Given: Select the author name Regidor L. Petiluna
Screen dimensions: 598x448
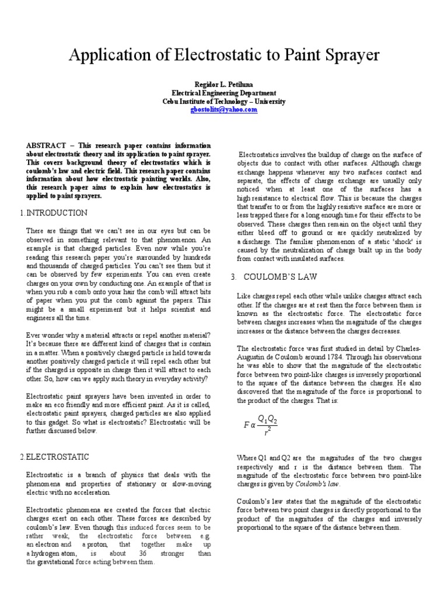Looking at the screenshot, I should [x=224, y=84].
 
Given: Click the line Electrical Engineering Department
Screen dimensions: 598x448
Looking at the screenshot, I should [x=224, y=93].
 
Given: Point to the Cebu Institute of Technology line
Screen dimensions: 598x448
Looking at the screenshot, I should [x=224, y=101].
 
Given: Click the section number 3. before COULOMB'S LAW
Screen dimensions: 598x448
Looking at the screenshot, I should [x=233, y=276].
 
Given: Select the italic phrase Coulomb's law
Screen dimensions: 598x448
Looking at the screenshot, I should [x=318, y=484].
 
